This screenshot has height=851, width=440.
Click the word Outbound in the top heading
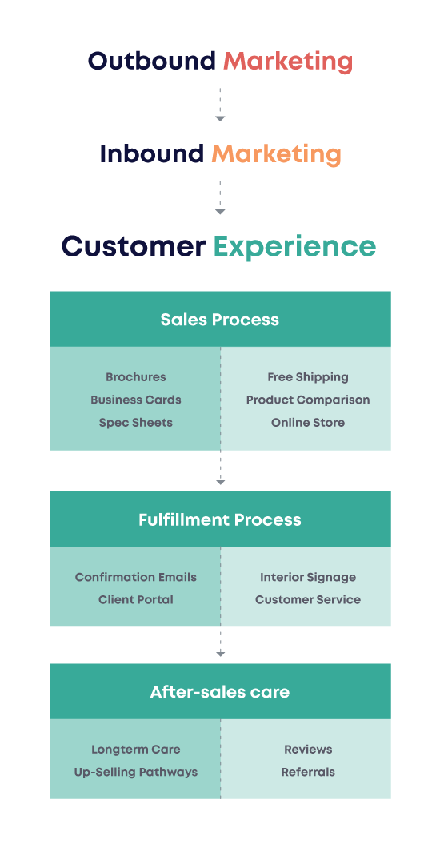tap(152, 61)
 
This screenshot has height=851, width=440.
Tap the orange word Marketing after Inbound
tap(277, 155)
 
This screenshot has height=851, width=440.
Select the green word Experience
tap(295, 246)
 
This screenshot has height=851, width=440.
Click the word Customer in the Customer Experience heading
tap(134, 246)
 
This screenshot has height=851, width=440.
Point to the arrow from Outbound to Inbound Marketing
tap(220, 104)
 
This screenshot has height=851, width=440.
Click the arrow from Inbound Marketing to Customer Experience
tap(220, 198)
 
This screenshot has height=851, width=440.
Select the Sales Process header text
tap(220, 319)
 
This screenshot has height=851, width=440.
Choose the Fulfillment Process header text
tap(220, 519)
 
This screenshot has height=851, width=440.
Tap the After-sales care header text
tap(220, 692)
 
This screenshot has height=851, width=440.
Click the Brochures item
tap(136, 376)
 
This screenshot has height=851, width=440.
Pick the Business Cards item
tap(136, 400)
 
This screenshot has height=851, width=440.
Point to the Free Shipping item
tap(308, 377)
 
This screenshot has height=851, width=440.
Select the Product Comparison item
tap(308, 400)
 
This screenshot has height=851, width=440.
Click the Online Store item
tap(308, 422)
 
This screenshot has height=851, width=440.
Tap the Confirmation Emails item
tap(136, 577)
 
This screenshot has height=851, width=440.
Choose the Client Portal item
tap(136, 600)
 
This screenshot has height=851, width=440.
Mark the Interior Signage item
tap(308, 578)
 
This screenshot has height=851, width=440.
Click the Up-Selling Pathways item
tap(136, 773)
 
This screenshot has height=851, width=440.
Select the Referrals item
tap(308, 772)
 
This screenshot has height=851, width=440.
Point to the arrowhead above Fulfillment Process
tap(220, 482)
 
